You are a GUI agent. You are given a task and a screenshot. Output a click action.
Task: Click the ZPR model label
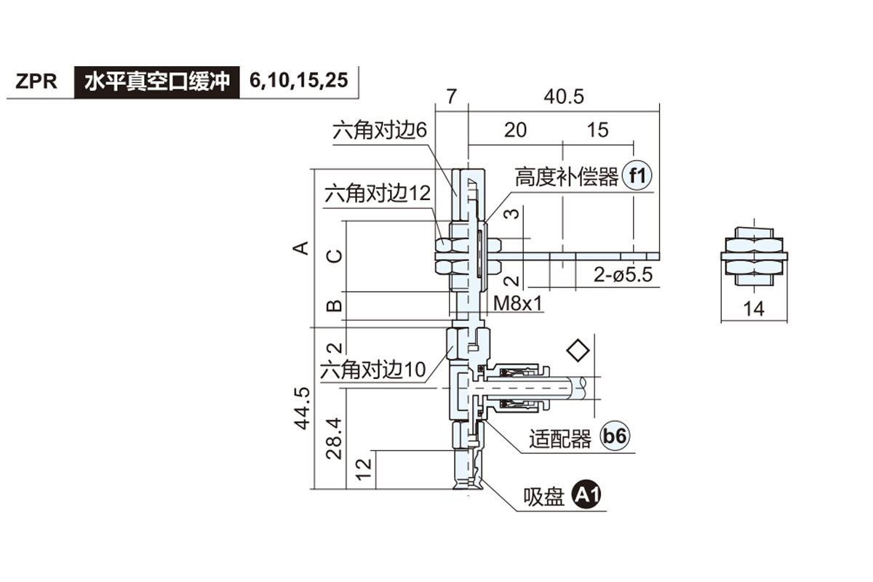pos(37,81)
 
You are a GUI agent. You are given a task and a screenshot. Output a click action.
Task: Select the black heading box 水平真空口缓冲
pos(156,81)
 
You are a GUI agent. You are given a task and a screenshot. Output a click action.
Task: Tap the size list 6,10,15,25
pos(298,80)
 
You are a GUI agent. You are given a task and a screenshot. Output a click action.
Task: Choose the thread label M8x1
pos(518,303)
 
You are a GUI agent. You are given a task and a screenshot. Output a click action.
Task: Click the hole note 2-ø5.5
pos(623,275)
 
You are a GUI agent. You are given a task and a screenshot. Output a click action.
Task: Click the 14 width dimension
pos(755,308)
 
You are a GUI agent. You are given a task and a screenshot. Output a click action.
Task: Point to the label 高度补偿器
pos(567,177)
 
